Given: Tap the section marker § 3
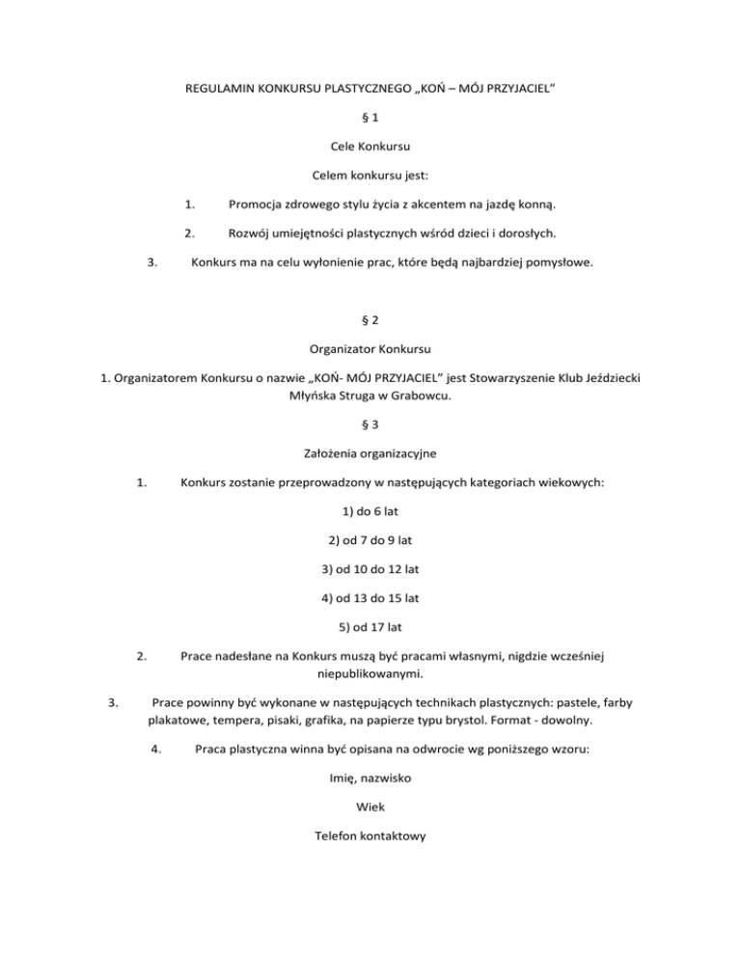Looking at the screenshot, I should (370, 422).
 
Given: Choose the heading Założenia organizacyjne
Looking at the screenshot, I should (370, 451).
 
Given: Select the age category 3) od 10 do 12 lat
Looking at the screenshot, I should (370, 569).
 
